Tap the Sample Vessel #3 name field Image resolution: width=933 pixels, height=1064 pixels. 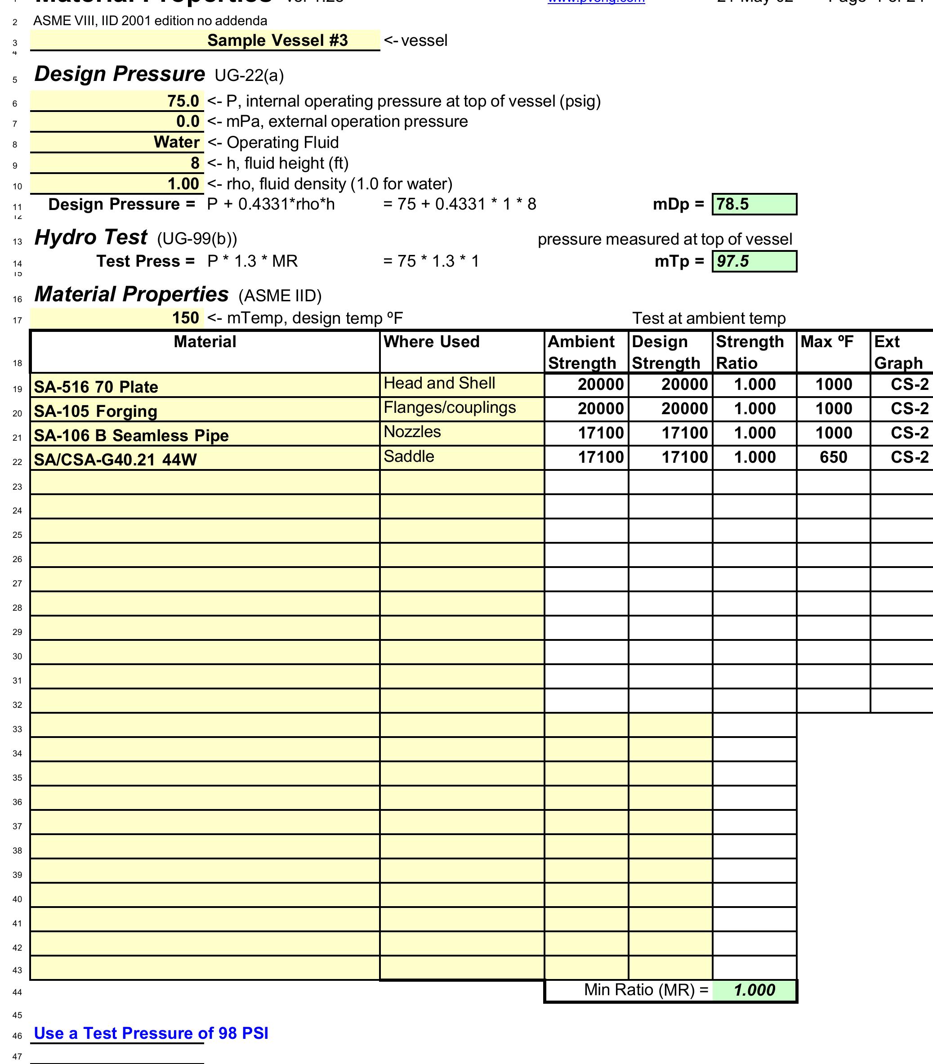point(277,40)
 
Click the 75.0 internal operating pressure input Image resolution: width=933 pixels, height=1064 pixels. point(183,101)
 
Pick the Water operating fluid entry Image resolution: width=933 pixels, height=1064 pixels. point(176,142)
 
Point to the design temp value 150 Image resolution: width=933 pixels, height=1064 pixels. point(185,318)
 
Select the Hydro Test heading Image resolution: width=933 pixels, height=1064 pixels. point(90,237)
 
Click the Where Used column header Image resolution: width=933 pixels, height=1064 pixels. point(431,342)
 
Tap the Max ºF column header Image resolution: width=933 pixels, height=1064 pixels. point(827,342)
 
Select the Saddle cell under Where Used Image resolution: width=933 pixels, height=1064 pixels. point(409,456)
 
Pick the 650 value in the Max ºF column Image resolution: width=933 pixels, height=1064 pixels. point(833,457)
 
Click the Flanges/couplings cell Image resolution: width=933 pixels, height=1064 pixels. point(450,407)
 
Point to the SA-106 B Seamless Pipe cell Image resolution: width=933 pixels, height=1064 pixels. point(131,435)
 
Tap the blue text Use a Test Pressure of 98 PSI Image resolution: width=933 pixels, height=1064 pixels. point(151,1033)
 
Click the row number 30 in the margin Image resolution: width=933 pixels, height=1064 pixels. point(17,657)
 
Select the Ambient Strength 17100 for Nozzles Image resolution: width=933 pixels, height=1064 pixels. point(600,433)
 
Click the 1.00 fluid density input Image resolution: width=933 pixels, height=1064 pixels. point(183,184)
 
